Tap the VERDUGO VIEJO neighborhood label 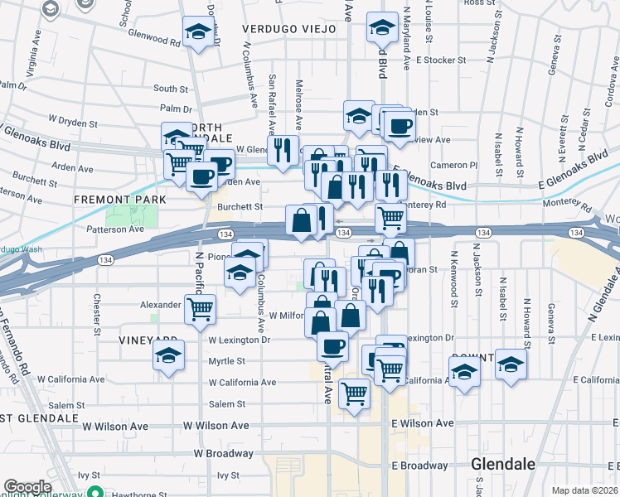click(289, 29)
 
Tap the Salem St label click(227, 404)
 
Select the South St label click(171, 89)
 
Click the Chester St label click(97, 308)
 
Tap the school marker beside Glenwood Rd click(197, 32)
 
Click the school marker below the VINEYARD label click(168, 356)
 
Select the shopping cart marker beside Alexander click(200, 310)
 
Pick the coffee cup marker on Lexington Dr click(332, 345)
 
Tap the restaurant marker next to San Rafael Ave click(283, 150)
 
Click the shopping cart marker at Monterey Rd click(390, 218)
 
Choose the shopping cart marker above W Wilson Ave click(354, 393)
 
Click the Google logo click(27, 486)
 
